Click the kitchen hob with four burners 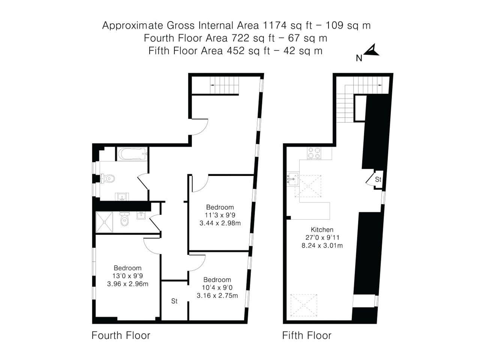314,153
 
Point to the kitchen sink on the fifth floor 292,179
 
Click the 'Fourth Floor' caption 121,335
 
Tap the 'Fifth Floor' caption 307,335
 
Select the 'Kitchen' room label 322,229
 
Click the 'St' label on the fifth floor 378,180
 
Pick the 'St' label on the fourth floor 174,301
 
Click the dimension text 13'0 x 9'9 127,276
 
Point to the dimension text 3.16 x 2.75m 217,295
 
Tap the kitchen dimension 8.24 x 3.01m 322,246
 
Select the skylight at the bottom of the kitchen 304,306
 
